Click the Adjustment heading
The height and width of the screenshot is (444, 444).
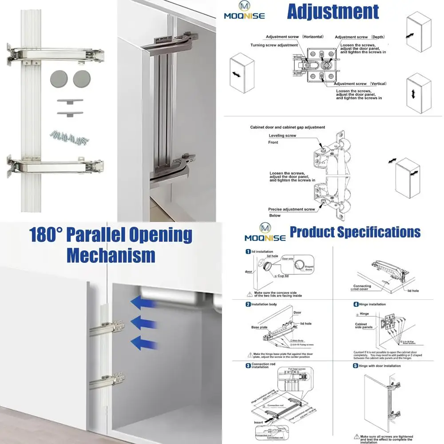click(x=333, y=12)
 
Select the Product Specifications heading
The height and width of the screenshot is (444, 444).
click(x=355, y=232)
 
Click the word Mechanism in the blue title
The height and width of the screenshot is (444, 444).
click(x=111, y=255)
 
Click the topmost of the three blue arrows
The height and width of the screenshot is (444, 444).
click(x=144, y=303)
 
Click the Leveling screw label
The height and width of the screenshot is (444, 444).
click(x=282, y=135)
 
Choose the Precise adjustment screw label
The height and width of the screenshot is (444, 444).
click(x=291, y=209)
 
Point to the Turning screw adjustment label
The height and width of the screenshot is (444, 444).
click(x=274, y=45)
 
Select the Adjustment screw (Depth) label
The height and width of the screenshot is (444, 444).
click(x=360, y=37)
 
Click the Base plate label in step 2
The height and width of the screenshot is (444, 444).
click(x=260, y=327)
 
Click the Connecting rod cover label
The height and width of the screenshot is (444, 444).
click(x=362, y=287)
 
